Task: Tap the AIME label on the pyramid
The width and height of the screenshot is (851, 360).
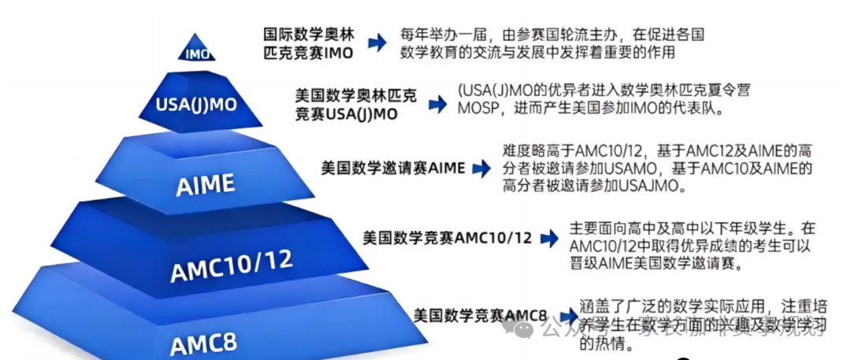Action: tap(206, 185)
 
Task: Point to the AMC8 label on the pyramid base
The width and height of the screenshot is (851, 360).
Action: tap(203, 344)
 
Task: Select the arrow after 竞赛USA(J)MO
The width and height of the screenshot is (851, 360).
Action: tap(437, 104)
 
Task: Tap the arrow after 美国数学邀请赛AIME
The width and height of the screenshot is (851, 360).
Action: tap(480, 168)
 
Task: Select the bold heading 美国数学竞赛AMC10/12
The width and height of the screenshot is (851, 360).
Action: tap(447, 237)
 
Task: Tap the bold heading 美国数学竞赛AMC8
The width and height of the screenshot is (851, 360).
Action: tap(480, 316)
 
